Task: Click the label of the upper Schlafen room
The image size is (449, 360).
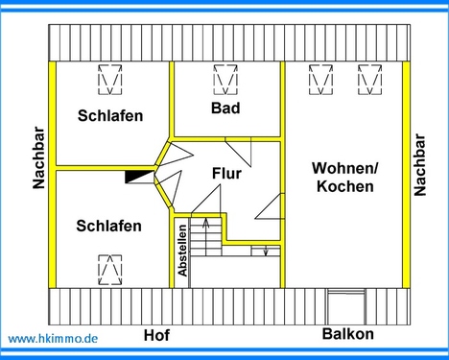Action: tap(110, 116)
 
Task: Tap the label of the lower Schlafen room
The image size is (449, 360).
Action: tap(108, 227)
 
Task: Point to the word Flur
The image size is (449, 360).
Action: tap(225, 174)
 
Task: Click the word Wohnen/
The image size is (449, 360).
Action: tap(344, 168)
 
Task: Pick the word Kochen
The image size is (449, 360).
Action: tap(344, 186)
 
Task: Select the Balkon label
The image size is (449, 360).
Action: tap(347, 335)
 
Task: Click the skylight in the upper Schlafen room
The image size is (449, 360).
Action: tap(110, 79)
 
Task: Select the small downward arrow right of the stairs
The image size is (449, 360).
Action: tap(265, 252)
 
